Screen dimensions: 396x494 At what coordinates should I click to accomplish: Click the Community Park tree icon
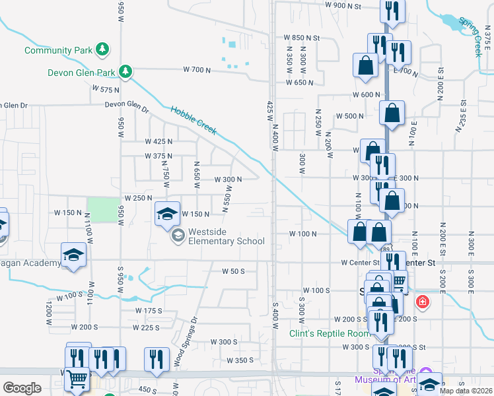pos(102,49)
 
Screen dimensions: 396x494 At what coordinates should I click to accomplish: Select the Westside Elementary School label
pos(226,236)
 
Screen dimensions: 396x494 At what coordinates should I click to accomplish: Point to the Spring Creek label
pos(471,37)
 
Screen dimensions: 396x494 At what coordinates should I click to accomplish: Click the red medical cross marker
pos(421,302)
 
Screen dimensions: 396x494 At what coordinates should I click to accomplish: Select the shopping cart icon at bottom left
pos(77,379)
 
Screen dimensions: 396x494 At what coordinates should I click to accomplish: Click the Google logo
pos(22,388)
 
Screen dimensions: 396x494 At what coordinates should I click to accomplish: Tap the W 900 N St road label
pos(343,6)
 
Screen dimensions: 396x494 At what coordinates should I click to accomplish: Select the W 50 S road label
pos(233,271)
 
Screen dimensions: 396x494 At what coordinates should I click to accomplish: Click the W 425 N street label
pos(159,141)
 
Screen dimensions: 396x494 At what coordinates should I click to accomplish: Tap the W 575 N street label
pos(106,88)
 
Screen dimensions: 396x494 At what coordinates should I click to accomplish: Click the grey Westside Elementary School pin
pos(178,235)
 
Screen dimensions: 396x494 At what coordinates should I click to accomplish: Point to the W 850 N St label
pos(301,38)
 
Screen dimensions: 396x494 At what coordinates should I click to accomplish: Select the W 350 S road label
pos(240,360)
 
